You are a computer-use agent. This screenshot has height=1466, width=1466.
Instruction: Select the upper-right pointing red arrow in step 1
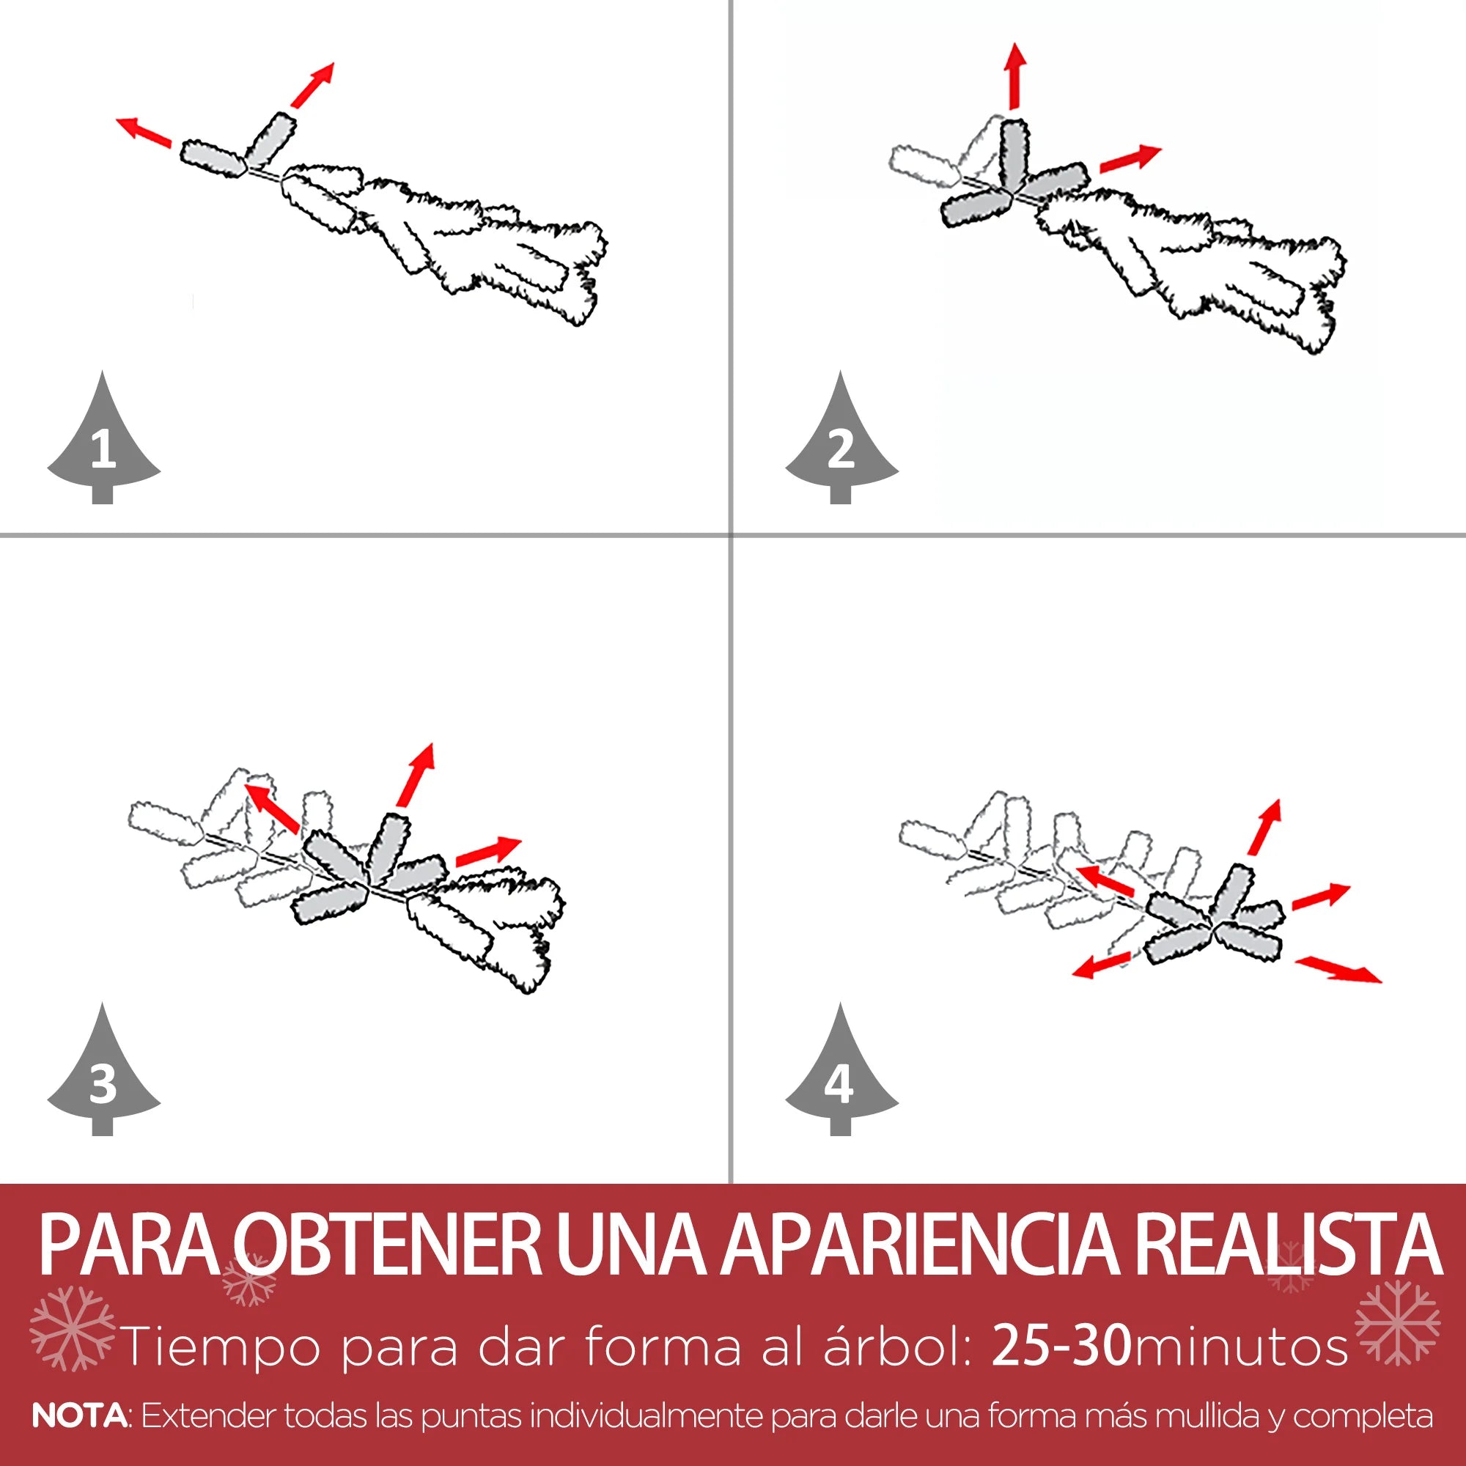[312, 85]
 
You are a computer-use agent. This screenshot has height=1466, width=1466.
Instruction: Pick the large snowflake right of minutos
[1397, 1322]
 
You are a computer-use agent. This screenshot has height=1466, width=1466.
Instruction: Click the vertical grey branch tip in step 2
[1014, 156]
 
